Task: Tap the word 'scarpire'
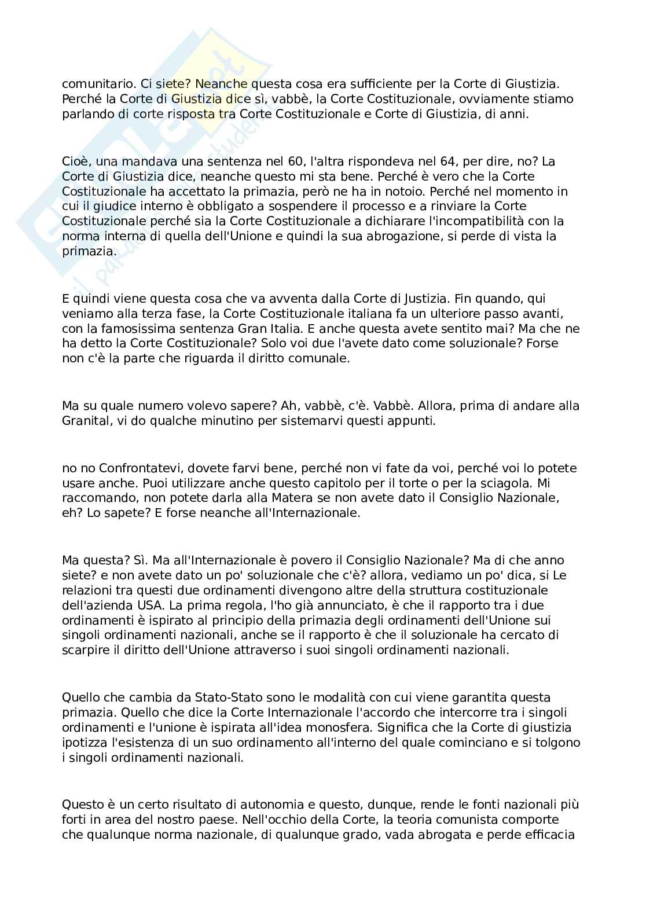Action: (x=85, y=650)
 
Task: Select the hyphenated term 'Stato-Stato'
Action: (x=208, y=698)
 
